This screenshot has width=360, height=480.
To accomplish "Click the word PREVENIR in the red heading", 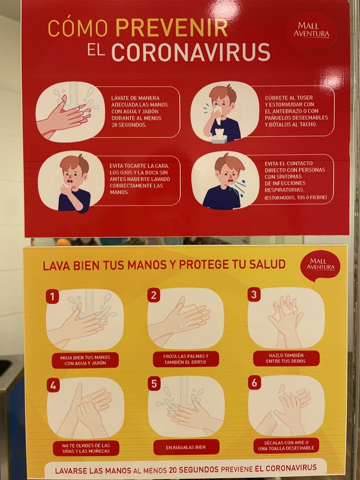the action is [x=172, y=28].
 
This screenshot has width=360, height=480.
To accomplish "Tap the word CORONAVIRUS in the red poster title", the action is [x=191, y=52].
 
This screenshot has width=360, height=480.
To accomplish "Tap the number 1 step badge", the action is [x=52, y=296].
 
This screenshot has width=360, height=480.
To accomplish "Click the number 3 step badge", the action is [x=254, y=295].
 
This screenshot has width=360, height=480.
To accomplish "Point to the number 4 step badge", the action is [x=53, y=386].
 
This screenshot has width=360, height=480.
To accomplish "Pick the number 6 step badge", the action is [x=254, y=383].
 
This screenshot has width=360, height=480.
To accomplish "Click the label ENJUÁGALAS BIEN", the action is [x=186, y=447].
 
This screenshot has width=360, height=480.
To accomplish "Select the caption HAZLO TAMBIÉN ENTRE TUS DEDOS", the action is [x=286, y=358].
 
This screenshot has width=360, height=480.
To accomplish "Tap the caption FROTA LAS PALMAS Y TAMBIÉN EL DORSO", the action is [x=186, y=359].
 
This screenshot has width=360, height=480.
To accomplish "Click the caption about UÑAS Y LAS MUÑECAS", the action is [x=86, y=448].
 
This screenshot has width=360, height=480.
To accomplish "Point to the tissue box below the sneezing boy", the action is [x=220, y=136].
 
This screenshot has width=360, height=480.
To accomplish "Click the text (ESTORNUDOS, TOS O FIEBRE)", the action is [x=295, y=197].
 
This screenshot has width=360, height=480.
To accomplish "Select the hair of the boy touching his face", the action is [x=74, y=163].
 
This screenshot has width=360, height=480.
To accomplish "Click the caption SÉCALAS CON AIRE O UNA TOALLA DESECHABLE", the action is [x=287, y=445].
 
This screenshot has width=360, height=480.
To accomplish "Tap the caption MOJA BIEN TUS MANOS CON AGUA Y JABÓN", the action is [x=85, y=361].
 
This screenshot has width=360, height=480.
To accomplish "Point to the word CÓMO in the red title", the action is [x=78, y=28].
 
